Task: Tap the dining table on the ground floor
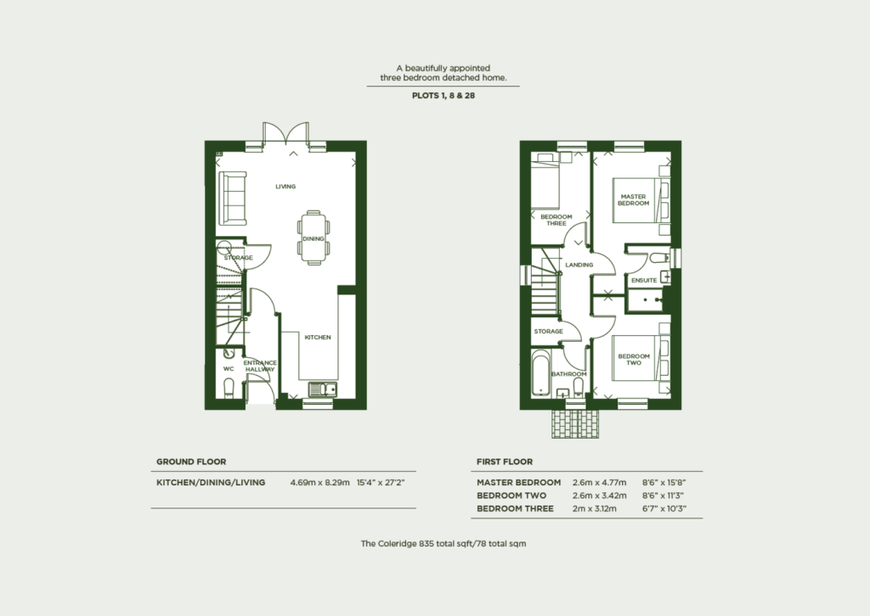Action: [x=312, y=238]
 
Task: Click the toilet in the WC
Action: [x=228, y=389]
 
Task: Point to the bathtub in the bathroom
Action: [x=541, y=373]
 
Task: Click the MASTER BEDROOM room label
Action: [x=633, y=199]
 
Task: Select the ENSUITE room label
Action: [x=643, y=280]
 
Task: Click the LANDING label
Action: [x=579, y=265]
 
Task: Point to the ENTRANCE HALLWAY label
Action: [x=260, y=366]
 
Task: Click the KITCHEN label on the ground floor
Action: [x=317, y=337]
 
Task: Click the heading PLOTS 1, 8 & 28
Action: [x=443, y=96]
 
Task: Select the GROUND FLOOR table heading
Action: [x=190, y=462]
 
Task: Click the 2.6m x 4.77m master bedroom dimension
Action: [x=599, y=483]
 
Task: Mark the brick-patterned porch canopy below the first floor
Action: [x=576, y=424]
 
